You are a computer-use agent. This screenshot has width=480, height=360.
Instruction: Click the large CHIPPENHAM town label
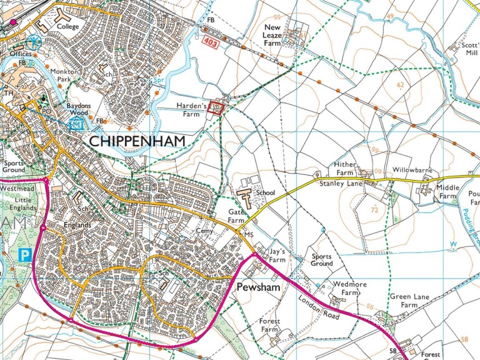137,141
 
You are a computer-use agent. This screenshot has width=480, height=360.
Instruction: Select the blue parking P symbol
25,254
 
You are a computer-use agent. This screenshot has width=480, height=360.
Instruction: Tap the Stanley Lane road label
342,184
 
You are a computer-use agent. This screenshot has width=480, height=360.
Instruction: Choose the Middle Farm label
447,191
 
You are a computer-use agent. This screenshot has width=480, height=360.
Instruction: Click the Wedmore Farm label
345,288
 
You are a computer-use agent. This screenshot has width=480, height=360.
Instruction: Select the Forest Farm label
269,326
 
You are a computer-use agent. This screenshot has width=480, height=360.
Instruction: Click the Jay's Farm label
276,256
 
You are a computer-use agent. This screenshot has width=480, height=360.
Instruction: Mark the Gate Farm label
235,217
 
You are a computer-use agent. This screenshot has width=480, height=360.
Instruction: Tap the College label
67,27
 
